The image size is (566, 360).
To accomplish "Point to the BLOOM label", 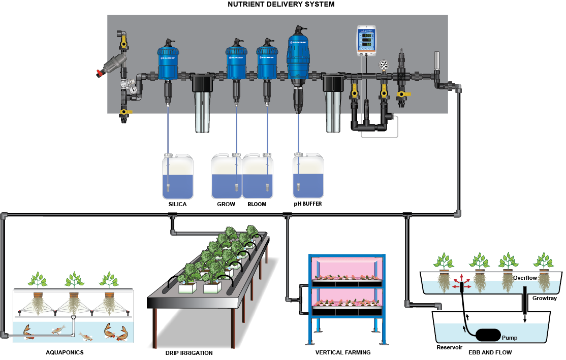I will (x=257, y=204).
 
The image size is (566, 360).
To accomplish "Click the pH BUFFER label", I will (x=307, y=204).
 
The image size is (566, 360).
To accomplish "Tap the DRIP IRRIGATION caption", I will (x=189, y=352).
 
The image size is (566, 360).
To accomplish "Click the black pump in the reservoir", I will (x=488, y=336).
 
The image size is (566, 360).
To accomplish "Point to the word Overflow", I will (x=525, y=278).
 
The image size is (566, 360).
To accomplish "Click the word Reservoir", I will (x=449, y=348).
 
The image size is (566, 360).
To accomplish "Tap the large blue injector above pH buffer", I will (x=298, y=53).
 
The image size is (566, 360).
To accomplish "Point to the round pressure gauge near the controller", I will (x=384, y=65).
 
